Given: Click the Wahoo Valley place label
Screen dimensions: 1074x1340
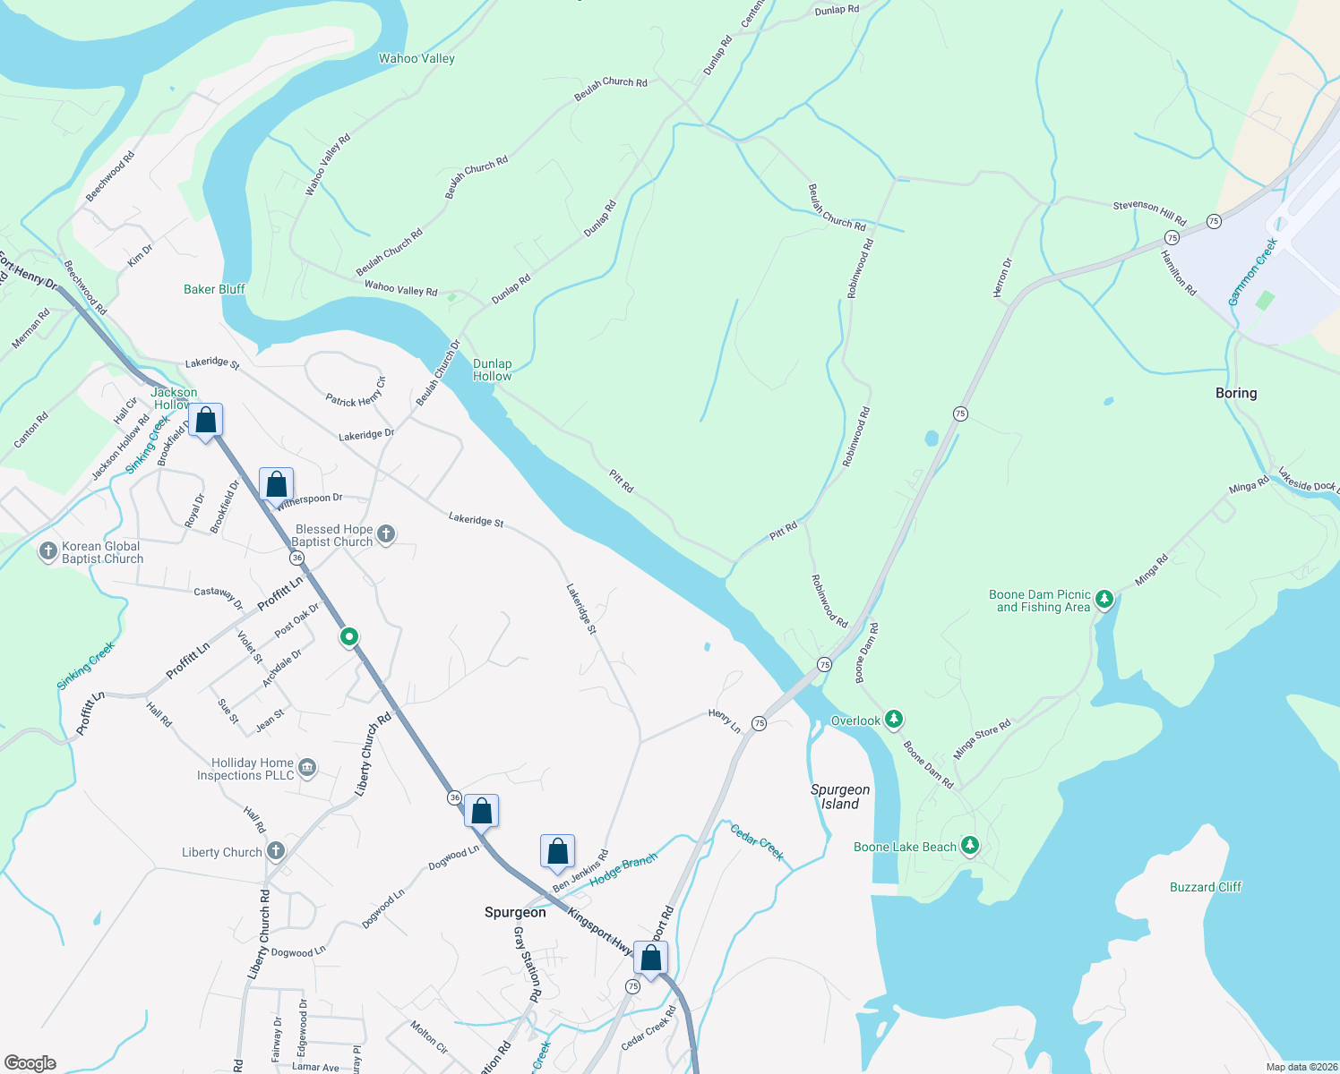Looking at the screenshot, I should [417, 59].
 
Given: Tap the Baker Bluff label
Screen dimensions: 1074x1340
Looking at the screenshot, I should [214, 289].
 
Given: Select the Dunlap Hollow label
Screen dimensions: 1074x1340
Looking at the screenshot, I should [493, 370].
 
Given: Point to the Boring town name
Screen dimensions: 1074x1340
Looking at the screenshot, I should [1236, 393].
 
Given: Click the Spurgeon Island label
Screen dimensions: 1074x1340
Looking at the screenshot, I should [840, 797].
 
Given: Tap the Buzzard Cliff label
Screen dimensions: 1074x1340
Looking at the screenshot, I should [1206, 887].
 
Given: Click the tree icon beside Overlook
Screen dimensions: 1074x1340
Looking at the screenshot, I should [893, 720].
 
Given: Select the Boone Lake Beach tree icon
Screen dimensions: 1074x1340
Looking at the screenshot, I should [969, 846].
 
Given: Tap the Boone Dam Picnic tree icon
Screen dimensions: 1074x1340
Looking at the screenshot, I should [1104, 599].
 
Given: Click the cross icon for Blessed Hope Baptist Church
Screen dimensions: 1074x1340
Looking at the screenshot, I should [386, 535].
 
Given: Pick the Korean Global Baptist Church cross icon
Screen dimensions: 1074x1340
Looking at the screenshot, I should [48, 551].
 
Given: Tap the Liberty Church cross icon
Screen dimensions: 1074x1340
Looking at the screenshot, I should [276, 851].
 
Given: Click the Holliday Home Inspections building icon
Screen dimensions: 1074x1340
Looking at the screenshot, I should [307, 768].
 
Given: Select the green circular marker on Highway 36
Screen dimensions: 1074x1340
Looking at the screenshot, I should [349, 637].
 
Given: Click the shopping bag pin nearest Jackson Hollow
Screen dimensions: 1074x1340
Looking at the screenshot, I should [206, 421].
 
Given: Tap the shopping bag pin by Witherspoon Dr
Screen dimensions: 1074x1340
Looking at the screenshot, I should [277, 484].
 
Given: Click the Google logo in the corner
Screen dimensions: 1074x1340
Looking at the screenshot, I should [30, 1062].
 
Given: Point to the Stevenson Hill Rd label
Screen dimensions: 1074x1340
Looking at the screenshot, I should [1149, 212].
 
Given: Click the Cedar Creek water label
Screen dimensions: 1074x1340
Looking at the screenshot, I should [757, 842].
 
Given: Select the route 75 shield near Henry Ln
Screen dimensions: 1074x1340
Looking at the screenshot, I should [759, 723].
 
